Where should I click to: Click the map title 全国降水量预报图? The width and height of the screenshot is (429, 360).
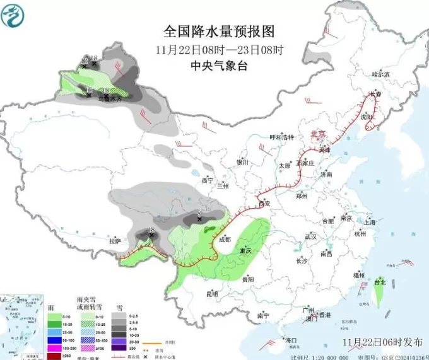pyautogui.click(x=220, y=31)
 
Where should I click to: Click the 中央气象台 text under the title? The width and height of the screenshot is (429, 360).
pyautogui.click(x=219, y=66)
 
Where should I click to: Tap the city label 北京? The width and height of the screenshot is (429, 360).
pyautogui.click(x=319, y=134)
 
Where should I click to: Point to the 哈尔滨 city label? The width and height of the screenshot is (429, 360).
pyautogui.click(x=381, y=74)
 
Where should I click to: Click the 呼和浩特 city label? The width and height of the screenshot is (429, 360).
pyautogui.click(x=282, y=137)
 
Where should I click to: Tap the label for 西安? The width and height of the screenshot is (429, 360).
pyautogui.click(x=264, y=203)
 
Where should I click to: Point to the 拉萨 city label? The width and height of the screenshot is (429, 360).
pyautogui.click(x=114, y=241)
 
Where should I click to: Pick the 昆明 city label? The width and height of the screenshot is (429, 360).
pyautogui.click(x=212, y=294)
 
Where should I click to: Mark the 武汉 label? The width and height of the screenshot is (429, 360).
pyautogui.click(x=310, y=236)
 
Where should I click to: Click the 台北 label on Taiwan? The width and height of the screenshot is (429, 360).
pyautogui.click(x=380, y=282)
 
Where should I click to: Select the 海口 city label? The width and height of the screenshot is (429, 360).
pyautogui.click(x=291, y=340)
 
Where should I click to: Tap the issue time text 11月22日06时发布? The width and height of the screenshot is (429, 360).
pyautogui.click(x=383, y=342)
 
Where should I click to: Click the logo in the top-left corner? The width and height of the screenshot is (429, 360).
pyautogui.click(x=13, y=15)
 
